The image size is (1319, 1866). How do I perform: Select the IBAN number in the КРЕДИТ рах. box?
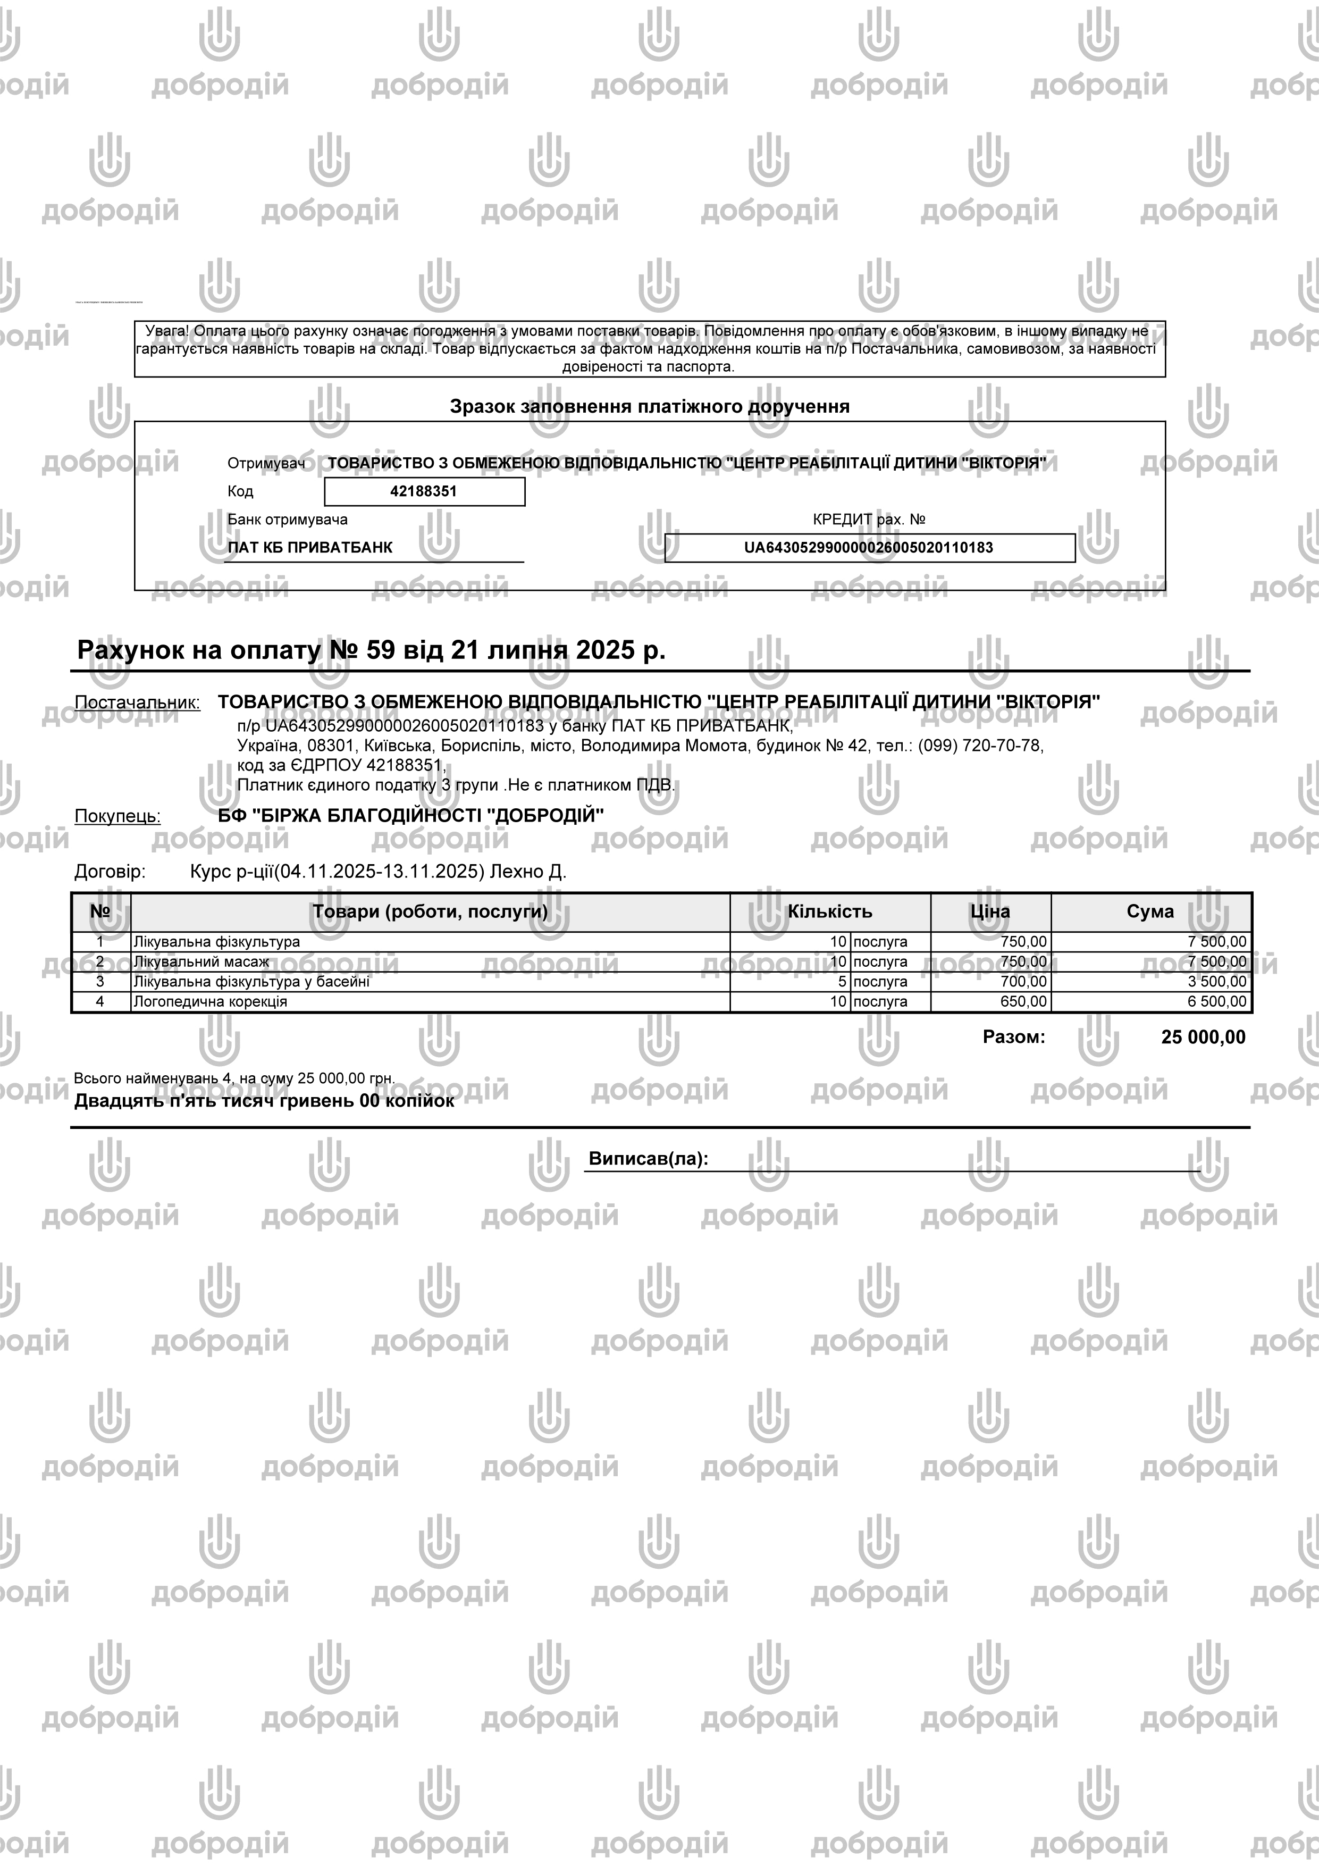(x=868, y=548)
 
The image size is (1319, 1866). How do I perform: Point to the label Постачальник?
(x=137, y=702)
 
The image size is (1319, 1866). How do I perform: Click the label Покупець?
(x=118, y=816)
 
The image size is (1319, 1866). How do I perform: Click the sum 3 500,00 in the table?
(x=1216, y=982)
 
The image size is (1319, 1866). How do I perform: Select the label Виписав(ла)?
(x=648, y=1159)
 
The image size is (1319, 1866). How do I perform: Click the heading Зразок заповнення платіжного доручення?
(x=649, y=406)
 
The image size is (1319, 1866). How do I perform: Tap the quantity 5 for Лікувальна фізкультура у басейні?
(x=843, y=982)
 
